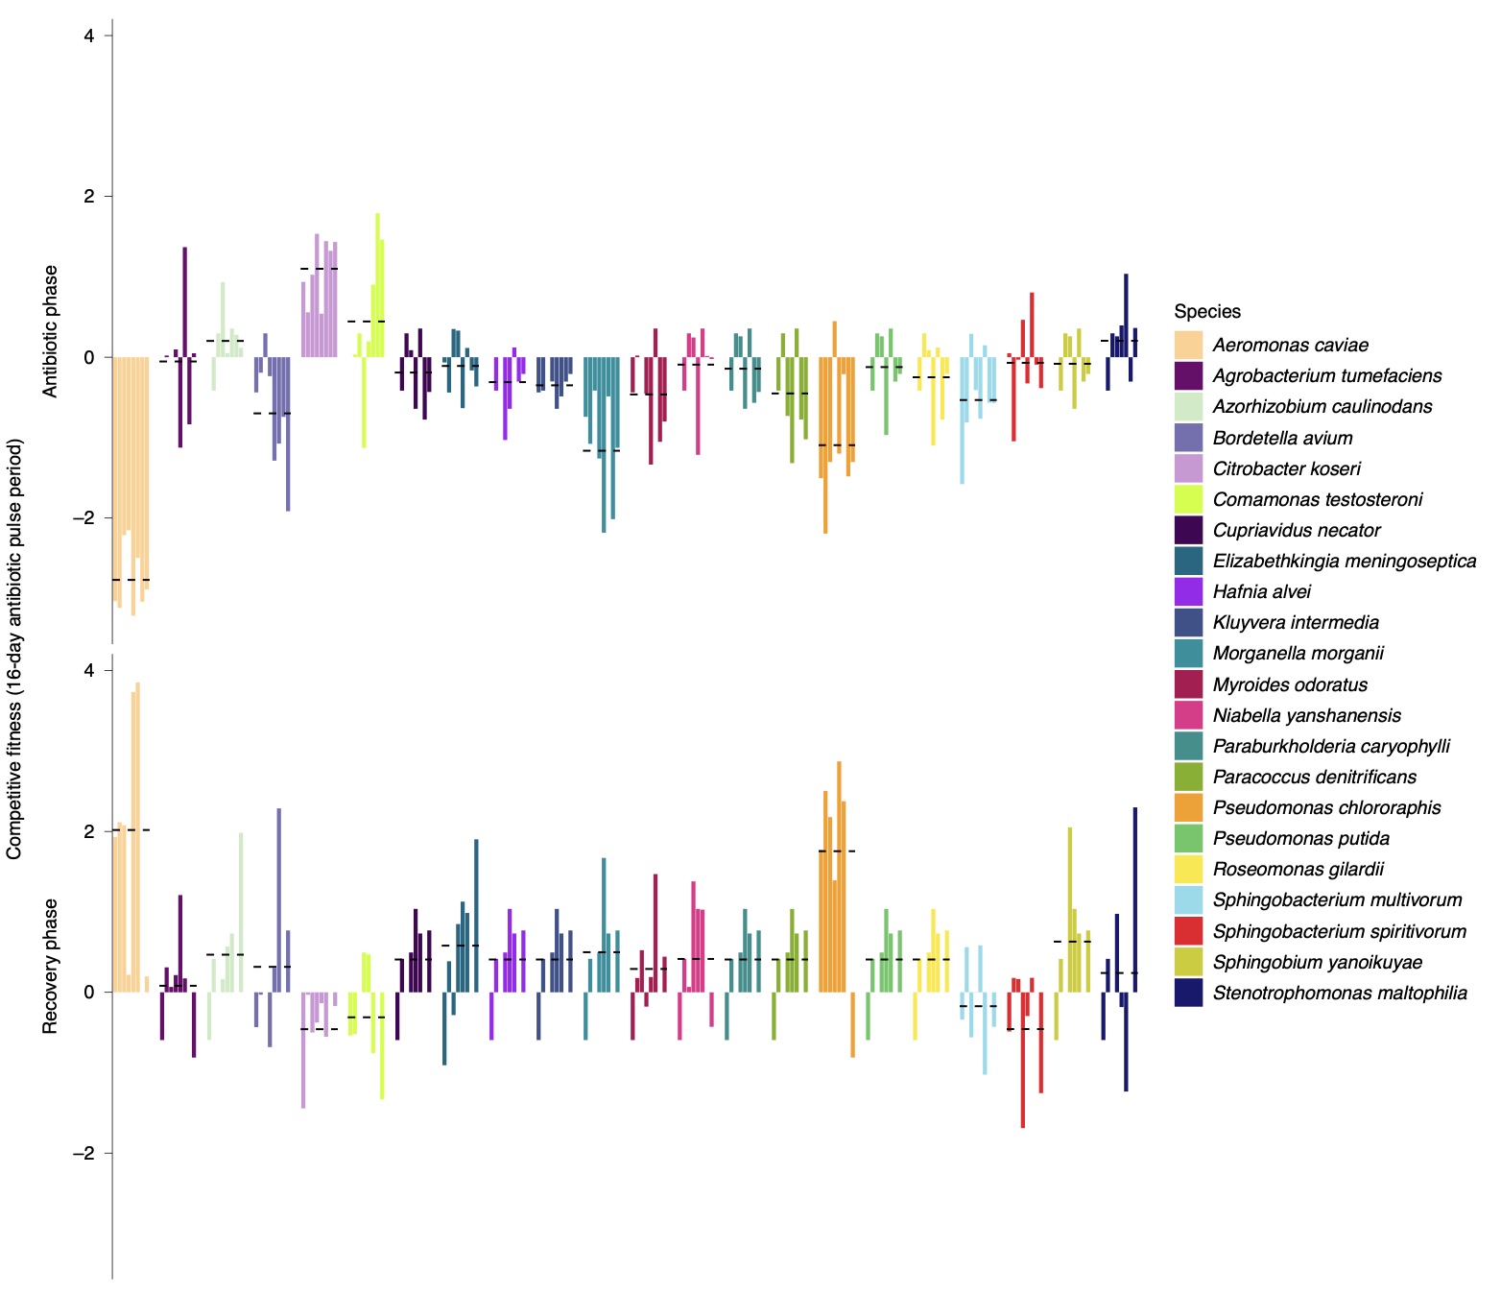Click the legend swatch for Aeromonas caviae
click(1188, 345)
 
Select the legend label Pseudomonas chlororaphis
click(1326, 807)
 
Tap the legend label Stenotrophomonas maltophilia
click(1339, 993)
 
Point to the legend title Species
click(1206, 311)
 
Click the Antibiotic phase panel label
click(51, 331)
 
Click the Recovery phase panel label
click(51, 966)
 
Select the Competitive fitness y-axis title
click(14, 649)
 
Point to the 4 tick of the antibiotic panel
click(89, 36)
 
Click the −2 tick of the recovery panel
click(83, 1153)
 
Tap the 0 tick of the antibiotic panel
click(89, 357)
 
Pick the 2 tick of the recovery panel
click(89, 831)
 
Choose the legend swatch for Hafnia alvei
click(1188, 591)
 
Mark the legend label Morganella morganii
click(1298, 653)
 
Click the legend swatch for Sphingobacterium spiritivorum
click(1188, 931)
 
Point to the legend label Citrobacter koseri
click(1286, 468)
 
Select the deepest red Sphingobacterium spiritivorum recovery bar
click(1023, 1060)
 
